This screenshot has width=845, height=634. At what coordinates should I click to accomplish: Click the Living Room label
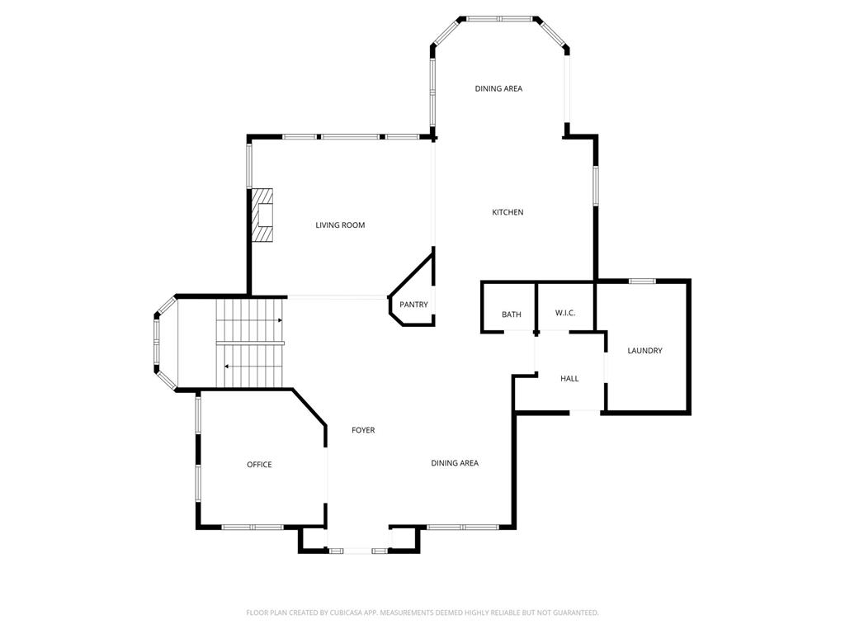point(340,225)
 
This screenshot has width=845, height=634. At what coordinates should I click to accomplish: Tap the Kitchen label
point(507,212)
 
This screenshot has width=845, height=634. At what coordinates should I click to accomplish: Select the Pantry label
point(413,305)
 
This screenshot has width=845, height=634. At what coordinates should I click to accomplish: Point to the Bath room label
point(512,315)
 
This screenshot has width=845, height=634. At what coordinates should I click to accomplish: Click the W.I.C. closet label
point(565,313)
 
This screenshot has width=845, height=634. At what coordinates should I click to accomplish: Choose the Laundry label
point(644,351)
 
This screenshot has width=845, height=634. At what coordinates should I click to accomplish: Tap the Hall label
point(569,379)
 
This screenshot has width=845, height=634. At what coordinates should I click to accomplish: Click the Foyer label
point(363,430)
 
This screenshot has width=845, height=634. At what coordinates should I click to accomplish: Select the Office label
point(259,465)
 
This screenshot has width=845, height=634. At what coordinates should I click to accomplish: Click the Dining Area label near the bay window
point(498,88)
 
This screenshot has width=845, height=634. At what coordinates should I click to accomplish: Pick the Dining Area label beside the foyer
point(455,463)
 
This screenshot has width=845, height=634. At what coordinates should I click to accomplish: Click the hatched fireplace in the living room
point(263,215)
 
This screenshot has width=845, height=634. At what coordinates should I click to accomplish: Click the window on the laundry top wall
point(642,282)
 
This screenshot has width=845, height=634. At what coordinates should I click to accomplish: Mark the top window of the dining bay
point(498,17)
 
